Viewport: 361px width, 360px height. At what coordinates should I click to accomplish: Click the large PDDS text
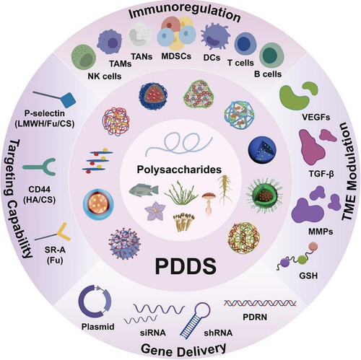[x=186, y=266]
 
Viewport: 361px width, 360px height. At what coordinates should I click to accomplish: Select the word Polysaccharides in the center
[x=179, y=170]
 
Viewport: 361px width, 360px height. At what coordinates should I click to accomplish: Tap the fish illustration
[x=144, y=190]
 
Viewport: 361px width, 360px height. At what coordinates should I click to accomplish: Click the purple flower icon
[x=155, y=211]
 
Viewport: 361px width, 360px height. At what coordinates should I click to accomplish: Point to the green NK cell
[x=84, y=57]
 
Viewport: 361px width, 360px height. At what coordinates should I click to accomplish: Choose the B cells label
[x=268, y=74]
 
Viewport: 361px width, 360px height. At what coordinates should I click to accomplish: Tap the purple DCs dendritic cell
[x=215, y=36]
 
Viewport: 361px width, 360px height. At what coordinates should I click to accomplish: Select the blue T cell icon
[x=244, y=44]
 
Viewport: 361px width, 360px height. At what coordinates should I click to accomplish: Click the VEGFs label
[x=316, y=117]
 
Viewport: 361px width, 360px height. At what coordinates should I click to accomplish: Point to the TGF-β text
[x=321, y=173]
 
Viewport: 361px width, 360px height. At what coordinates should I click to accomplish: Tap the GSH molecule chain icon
[x=297, y=256]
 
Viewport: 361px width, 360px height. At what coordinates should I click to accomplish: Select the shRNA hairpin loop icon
[x=196, y=320]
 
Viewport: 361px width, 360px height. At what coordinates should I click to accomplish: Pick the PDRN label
[x=255, y=317]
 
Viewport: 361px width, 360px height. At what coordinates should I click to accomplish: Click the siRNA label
[x=153, y=333]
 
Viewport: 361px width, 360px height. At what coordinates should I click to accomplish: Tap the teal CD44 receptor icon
[x=40, y=167]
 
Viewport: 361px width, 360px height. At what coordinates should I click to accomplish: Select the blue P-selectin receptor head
[x=68, y=100]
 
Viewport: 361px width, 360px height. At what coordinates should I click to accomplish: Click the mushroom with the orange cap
[x=207, y=203]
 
